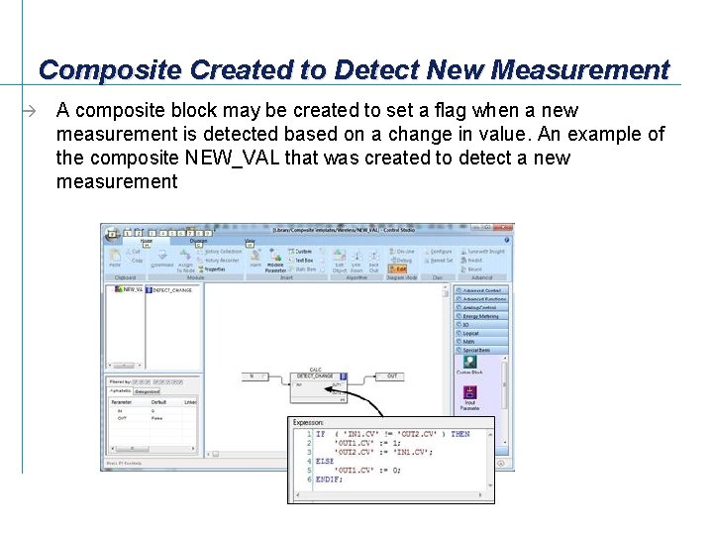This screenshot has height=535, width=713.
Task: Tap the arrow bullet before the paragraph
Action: [33, 111]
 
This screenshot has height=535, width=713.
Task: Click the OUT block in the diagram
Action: [392, 376]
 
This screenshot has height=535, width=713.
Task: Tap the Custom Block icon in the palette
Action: [469, 366]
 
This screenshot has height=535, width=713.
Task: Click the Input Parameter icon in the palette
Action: [469, 394]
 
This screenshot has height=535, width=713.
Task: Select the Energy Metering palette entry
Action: [481, 316]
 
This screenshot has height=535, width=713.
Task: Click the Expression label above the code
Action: [308, 423]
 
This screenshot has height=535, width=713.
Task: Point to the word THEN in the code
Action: [460, 434]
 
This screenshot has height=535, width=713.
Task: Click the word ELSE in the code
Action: [325, 461]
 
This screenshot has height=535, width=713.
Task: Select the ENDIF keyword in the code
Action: [328, 479]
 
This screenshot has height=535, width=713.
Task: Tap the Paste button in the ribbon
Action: [115, 260]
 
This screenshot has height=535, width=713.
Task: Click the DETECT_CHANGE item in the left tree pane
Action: [172, 290]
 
